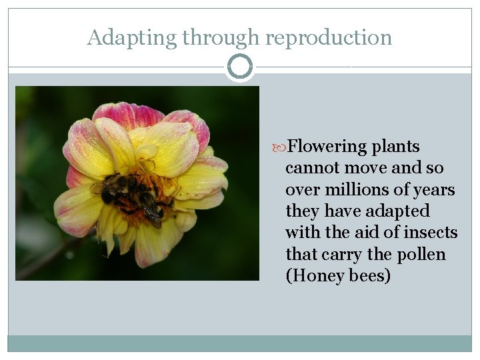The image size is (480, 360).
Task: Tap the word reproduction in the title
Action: coord(329,38)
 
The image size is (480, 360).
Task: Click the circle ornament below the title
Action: coord(240,67)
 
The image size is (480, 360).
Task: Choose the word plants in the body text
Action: coord(396,147)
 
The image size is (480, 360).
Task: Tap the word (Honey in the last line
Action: coord(313,276)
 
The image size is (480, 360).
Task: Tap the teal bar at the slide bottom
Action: coord(240,343)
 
